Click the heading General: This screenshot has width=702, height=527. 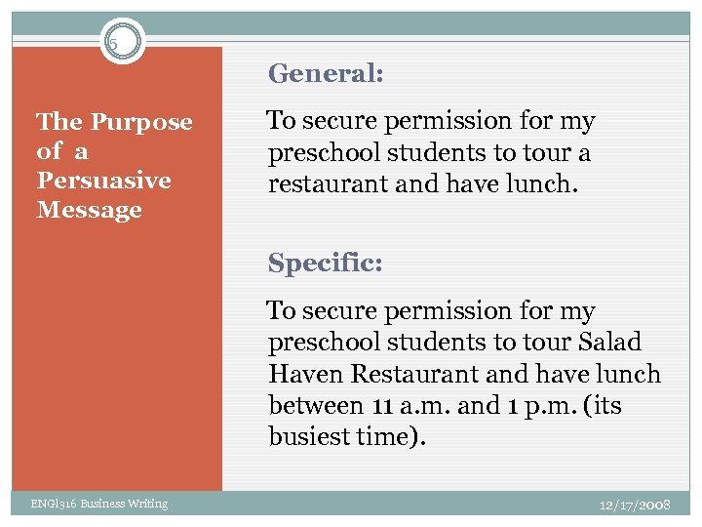coord(326,73)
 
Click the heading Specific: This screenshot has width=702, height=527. coord(326,263)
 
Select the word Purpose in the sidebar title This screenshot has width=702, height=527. coord(141,123)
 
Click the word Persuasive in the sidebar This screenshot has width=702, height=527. coord(103,181)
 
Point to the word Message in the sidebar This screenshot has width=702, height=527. coord(89,210)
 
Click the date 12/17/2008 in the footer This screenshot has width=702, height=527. coord(635,504)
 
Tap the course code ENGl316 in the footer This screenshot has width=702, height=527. coord(50,504)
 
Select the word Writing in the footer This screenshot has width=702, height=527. coord(147,504)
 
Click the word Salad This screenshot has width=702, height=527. coord(609,343)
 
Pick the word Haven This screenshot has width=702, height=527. coord(302,375)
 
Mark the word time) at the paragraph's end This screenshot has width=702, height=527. coord(395,437)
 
